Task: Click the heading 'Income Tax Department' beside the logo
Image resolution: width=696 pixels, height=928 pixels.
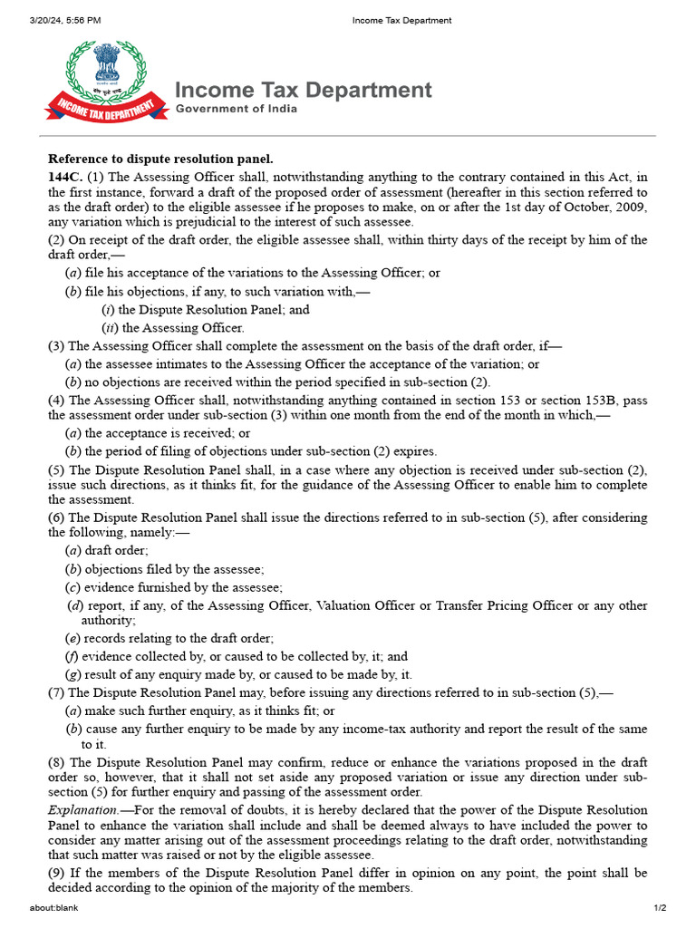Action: coord(303,90)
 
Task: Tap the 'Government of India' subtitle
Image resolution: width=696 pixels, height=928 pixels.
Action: coord(236,109)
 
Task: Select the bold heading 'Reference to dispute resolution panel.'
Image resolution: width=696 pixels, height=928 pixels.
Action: coord(160,159)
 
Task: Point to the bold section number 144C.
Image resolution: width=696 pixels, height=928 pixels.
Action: coord(65,177)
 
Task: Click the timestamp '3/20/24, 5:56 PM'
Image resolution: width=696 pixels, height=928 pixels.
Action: coord(64,20)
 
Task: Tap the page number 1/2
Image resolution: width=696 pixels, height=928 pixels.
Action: coord(661,908)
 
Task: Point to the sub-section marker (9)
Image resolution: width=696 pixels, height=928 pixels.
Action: coord(56,874)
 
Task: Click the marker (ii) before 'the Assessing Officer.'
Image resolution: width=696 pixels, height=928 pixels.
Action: coord(109,328)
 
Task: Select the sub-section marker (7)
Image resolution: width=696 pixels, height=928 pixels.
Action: coord(56,693)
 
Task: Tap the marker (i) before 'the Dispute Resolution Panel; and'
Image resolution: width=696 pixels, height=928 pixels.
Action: coord(108,310)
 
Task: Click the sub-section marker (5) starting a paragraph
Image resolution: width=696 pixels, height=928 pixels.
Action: coord(56,470)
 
